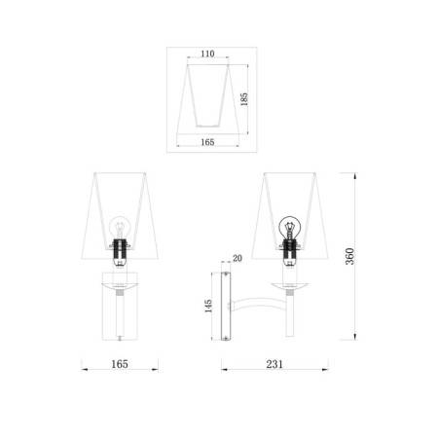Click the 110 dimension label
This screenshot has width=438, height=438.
(x=207, y=54)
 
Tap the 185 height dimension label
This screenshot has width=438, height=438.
(x=244, y=99)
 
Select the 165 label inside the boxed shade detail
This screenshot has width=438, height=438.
(x=207, y=142)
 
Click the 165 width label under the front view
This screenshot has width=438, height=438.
(x=120, y=364)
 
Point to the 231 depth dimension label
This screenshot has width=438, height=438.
(x=274, y=364)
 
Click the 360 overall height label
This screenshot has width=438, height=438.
(x=349, y=256)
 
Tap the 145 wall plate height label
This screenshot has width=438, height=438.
(x=208, y=306)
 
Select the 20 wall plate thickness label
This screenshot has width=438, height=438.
(x=237, y=258)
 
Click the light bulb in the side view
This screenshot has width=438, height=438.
(x=290, y=226)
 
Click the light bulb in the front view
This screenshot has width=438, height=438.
(x=120, y=227)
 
